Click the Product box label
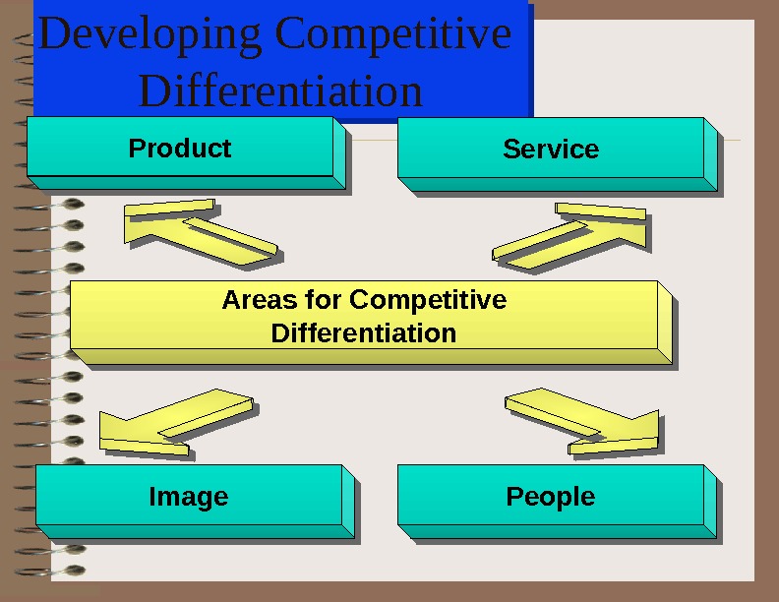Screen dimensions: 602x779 180,149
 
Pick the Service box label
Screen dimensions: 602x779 551,150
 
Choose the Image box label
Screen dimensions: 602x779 188,497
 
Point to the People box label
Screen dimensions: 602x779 550,497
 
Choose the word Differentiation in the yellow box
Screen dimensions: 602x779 363,332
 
